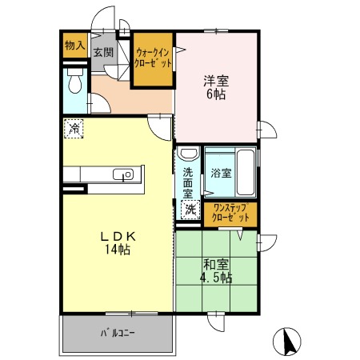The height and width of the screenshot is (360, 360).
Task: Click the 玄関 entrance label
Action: tap(102, 53)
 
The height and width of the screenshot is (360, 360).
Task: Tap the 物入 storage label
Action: tap(74, 46)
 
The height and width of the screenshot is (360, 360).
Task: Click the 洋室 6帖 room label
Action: tap(216, 86)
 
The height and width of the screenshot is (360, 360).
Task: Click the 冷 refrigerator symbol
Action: tap(74, 127)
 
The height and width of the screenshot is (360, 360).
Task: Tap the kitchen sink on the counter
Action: tap(124, 175)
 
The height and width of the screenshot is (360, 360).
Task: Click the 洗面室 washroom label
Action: tap(187, 182)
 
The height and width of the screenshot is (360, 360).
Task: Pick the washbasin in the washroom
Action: tap(189, 154)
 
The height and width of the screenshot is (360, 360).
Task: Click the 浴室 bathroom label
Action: tap(221, 172)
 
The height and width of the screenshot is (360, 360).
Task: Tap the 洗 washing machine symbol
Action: tap(190, 210)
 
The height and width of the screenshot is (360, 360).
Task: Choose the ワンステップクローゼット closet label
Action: tap(230, 212)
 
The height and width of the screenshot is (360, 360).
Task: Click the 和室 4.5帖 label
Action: tap(216, 271)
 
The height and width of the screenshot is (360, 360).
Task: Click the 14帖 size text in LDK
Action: tap(116, 250)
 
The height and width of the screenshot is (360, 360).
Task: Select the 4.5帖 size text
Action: tap(216, 278)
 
